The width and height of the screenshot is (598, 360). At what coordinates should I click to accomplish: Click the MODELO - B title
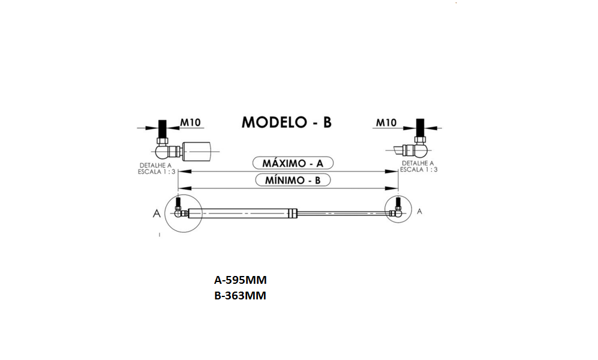286,122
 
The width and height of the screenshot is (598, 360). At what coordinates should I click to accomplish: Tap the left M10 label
191,122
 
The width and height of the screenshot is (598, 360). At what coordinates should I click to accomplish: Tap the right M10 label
386,122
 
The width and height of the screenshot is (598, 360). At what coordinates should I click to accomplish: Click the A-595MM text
240,280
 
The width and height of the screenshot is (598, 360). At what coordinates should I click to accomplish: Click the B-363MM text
240,295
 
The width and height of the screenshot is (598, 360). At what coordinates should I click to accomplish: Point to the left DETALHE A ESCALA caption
157,167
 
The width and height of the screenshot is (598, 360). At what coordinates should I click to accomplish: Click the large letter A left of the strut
157,212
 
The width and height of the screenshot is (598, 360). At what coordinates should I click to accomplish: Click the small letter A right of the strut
419,211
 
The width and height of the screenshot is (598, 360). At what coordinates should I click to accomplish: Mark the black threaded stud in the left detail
161,129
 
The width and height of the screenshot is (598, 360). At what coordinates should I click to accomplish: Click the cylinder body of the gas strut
240,212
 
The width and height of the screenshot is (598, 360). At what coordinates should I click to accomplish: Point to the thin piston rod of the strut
339,212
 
